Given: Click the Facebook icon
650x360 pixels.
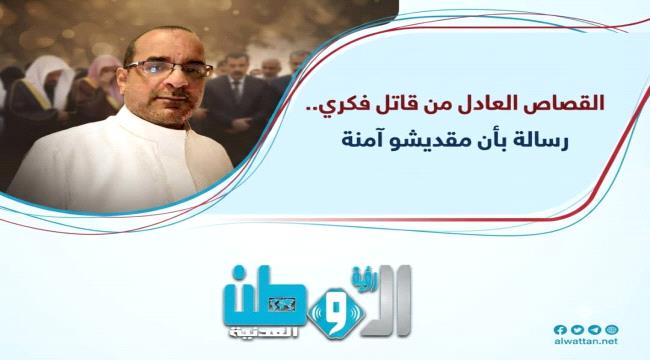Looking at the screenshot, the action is tap(560, 330).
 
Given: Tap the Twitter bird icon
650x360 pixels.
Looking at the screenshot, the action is tap(577, 330).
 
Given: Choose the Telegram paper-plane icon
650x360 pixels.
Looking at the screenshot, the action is tap(594, 330).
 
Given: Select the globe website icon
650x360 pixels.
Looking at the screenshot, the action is tap(611, 330).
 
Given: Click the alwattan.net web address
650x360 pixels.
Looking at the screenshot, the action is tap(586, 342).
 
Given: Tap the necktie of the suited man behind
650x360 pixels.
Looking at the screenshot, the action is tap(236, 89).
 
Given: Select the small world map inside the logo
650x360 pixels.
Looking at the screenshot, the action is tap(282, 305).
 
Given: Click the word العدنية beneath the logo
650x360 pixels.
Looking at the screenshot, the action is tap(262, 333).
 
